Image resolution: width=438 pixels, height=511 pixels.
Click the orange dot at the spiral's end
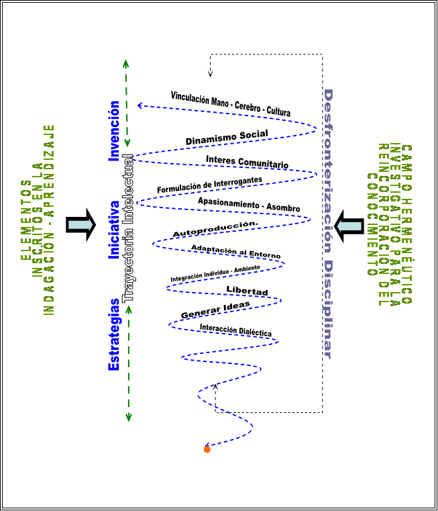tap(207, 449)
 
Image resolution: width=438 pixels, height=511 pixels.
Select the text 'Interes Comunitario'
tap(247, 162)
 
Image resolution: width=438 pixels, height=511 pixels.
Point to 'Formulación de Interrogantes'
tap(209, 185)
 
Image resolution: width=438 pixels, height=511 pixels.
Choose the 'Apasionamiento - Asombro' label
tap(248, 205)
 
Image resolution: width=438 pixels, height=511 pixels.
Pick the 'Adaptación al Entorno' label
tap(235, 252)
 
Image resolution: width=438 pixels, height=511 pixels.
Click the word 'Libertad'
tap(247, 291)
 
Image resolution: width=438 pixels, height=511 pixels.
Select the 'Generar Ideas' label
tap(215, 310)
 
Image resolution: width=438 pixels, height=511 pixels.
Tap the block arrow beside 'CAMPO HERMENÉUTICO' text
tap(349, 224)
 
